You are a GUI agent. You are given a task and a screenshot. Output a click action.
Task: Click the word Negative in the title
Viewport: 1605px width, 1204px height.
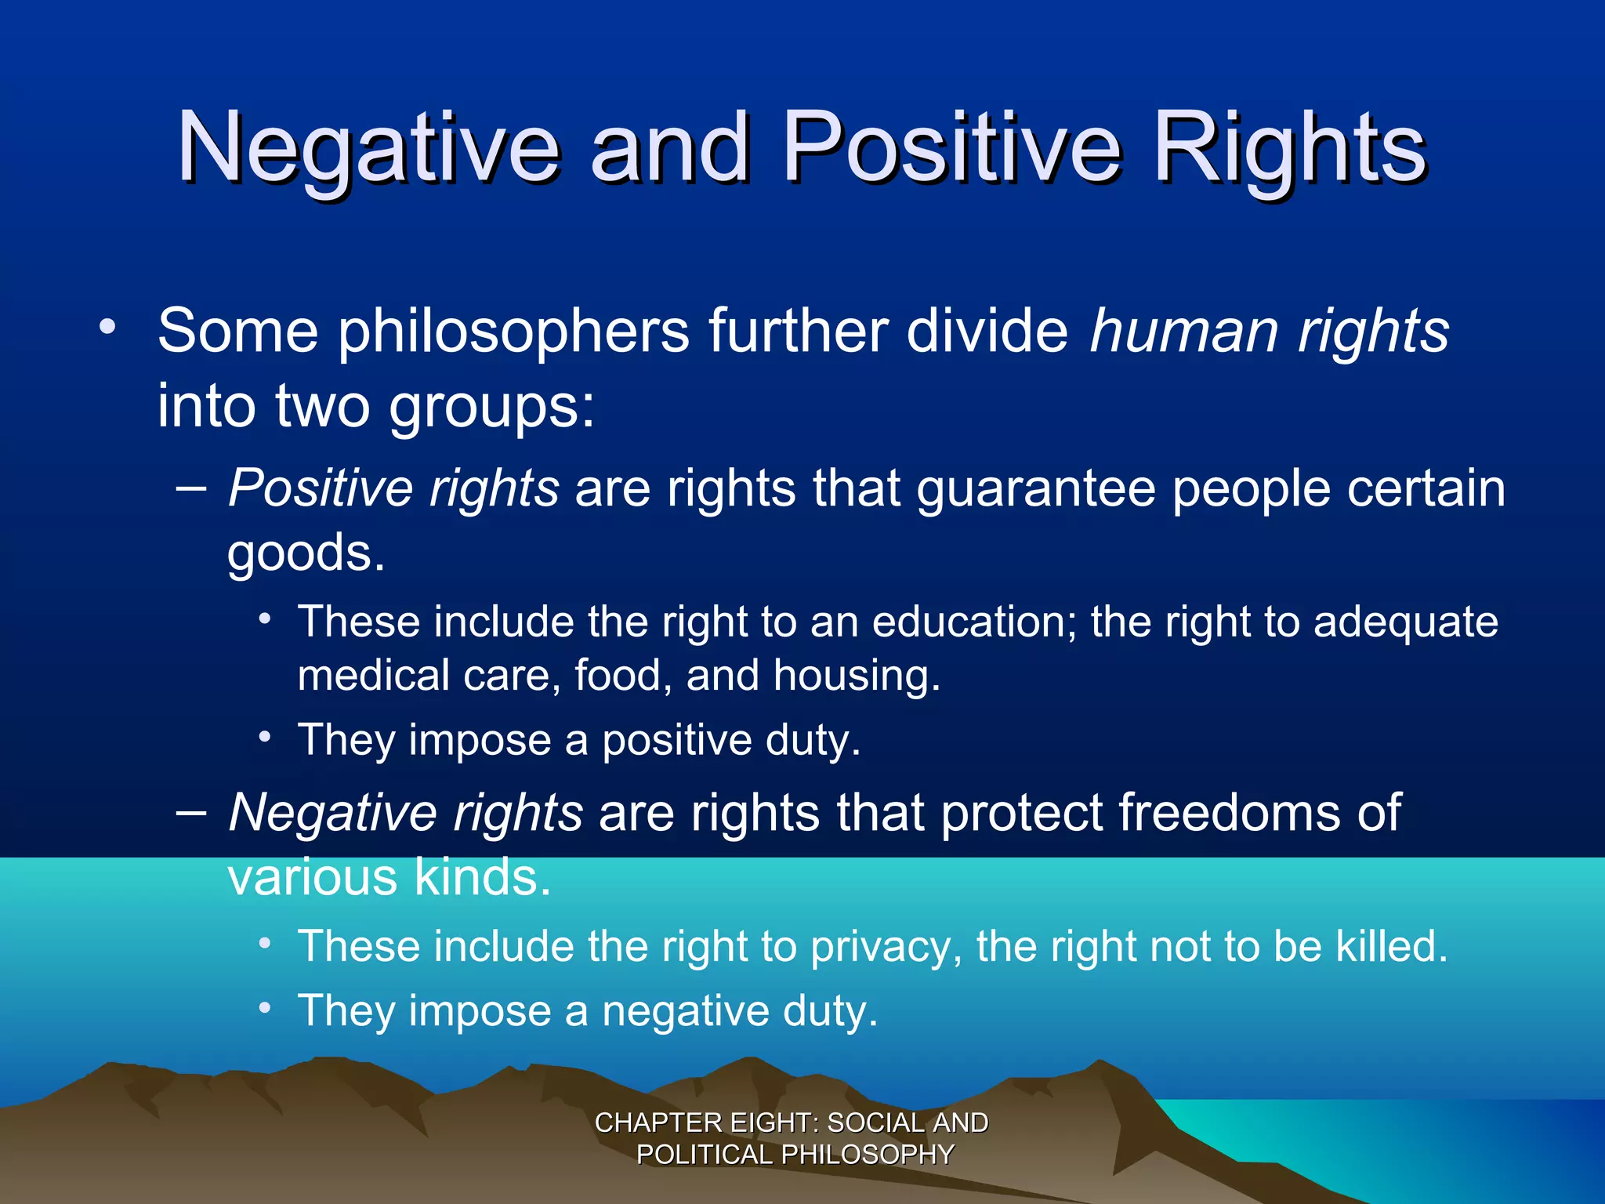(x=368, y=149)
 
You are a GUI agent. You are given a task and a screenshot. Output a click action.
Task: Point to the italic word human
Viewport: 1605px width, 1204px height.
(x=1183, y=332)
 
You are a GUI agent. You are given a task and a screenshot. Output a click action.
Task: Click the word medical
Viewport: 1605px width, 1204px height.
(x=372, y=676)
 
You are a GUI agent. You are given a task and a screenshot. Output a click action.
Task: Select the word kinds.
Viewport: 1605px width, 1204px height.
(x=482, y=878)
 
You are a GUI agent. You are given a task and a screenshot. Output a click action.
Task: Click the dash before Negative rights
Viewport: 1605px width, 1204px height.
(x=191, y=813)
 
